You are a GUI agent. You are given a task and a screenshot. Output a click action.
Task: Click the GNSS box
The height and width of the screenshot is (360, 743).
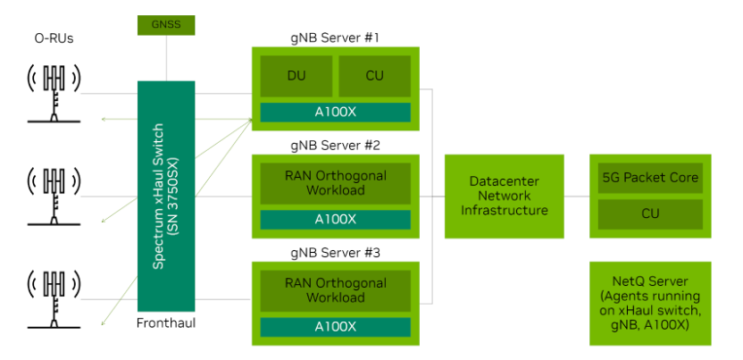coord(166,25)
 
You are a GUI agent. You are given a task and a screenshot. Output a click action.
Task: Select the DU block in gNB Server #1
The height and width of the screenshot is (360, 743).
coord(296,76)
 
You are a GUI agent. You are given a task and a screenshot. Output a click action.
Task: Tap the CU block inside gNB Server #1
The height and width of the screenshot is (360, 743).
coord(374,76)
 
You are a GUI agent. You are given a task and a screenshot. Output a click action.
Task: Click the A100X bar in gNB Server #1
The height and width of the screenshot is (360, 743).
coord(335,113)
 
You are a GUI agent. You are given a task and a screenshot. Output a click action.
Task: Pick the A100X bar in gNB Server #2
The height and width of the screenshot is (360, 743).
coord(335,220)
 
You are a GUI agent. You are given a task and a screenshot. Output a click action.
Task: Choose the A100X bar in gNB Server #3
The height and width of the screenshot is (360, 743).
coord(335,327)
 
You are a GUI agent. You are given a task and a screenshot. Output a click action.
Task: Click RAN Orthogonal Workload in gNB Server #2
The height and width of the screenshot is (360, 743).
coord(335,184)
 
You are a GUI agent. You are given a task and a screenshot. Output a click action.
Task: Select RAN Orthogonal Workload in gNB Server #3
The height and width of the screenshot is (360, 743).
coord(335,291)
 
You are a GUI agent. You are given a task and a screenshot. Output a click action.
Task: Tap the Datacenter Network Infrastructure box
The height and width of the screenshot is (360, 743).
coord(505,197)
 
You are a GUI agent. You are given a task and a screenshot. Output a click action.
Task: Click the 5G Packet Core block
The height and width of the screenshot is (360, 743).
coord(650,178)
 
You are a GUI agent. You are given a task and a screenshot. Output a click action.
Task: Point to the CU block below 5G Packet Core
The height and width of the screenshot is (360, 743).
coord(650,214)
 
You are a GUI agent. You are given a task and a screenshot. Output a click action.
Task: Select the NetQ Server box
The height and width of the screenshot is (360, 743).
coord(650,303)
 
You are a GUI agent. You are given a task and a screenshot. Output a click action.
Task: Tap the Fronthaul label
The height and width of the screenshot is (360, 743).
coord(166,323)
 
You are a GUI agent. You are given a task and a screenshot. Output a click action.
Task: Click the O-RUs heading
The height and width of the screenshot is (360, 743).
coord(54,38)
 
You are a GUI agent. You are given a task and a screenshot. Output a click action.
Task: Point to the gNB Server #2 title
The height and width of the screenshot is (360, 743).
coord(335,146)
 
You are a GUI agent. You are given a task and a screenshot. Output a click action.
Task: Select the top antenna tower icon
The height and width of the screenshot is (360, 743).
coord(54,94)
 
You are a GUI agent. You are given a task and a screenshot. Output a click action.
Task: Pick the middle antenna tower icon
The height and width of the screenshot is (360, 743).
coord(54,197)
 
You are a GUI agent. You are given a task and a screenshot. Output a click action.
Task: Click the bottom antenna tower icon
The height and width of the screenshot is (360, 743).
coord(54,299)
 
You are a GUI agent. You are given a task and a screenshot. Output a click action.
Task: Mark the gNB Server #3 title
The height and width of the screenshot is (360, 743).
coord(335,253)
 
